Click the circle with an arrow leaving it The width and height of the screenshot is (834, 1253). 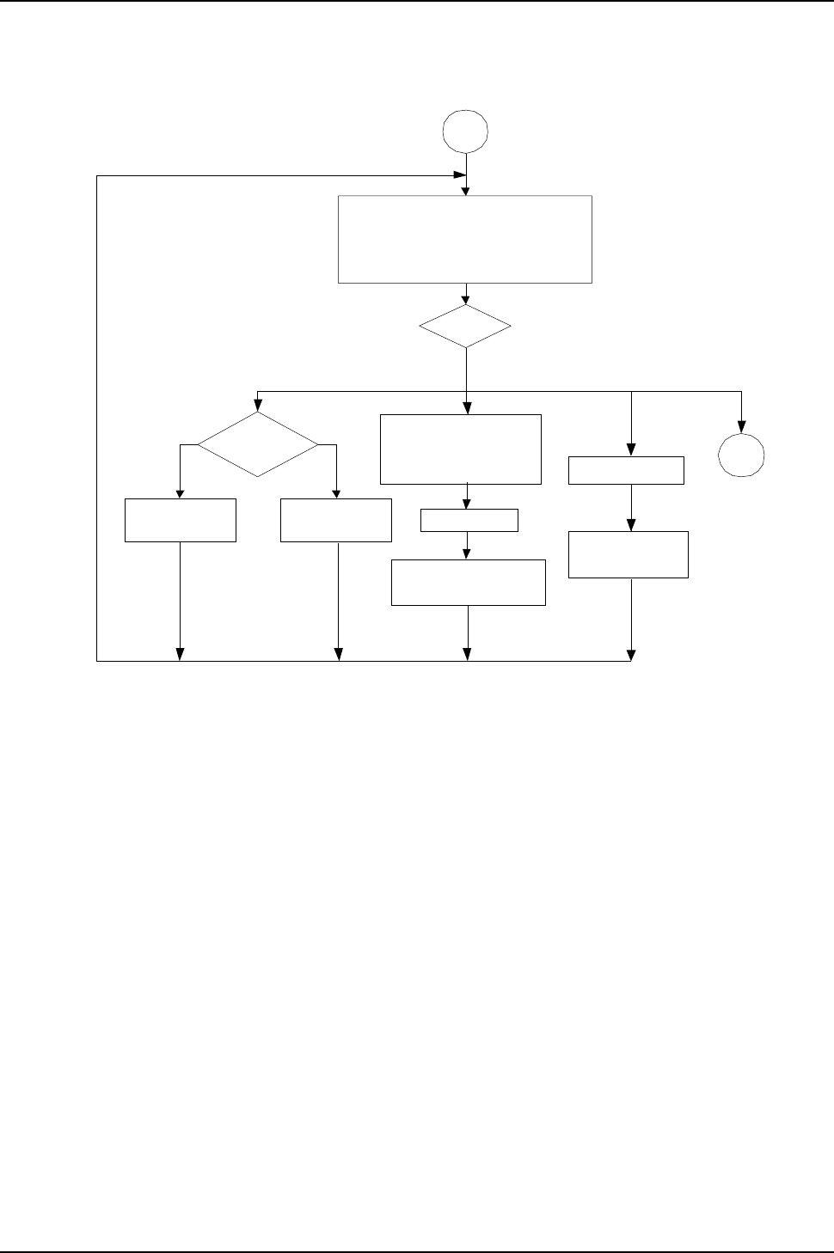(x=465, y=131)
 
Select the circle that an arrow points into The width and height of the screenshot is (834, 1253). (x=742, y=455)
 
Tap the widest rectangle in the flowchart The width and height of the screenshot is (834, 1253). (x=465, y=239)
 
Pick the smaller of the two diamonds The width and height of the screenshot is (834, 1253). (x=465, y=327)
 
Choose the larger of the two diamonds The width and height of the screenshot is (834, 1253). (x=257, y=444)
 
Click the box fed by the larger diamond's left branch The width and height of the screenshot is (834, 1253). (x=181, y=520)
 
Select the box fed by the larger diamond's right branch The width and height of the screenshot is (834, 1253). (x=336, y=520)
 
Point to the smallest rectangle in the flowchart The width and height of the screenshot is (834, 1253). (x=469, y=520)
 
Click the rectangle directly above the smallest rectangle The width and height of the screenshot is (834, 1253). (x=461, y=449)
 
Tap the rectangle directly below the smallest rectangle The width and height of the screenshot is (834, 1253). (x=469, y=583)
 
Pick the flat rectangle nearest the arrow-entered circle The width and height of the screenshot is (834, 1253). (x=627, y=470)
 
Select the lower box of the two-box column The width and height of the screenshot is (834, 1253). (x=629, y=554)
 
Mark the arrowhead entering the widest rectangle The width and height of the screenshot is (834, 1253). (x=466, y=192)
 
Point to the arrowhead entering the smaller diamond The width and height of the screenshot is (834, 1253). (x=466, y=300)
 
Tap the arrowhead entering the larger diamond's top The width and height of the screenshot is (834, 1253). (x=257, y=406)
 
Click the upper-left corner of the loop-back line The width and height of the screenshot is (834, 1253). (x=97, y=175)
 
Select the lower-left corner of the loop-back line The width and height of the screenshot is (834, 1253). (x=97, y=661)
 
